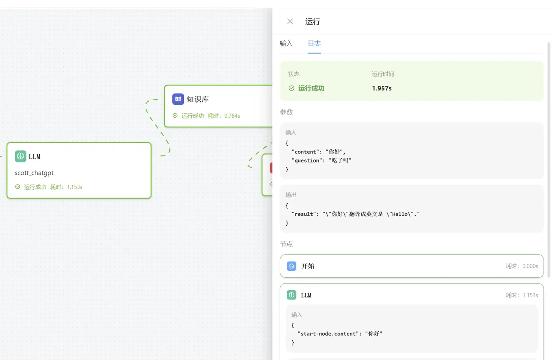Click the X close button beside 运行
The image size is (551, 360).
point(290,22)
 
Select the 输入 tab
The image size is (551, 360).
point(286,43)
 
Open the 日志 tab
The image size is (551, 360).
point(314,43)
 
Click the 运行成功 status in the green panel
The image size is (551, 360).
point(311,88)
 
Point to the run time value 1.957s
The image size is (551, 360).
point(381,88)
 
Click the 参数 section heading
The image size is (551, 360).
point(287,112)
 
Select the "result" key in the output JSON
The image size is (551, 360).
point(305,214)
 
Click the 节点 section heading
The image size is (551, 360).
point(287,244)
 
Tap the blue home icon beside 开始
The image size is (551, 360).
point(292,266)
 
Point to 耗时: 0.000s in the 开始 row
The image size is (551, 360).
point(521,266)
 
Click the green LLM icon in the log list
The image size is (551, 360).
point(292,295)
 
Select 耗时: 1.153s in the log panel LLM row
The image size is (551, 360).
point(521,295)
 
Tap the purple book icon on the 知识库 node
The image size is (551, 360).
point(178,99)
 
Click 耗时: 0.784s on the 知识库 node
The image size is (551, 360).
point(224,116)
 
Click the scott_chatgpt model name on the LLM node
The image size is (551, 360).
point(34,173)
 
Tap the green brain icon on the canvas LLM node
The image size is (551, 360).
point(20,156)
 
